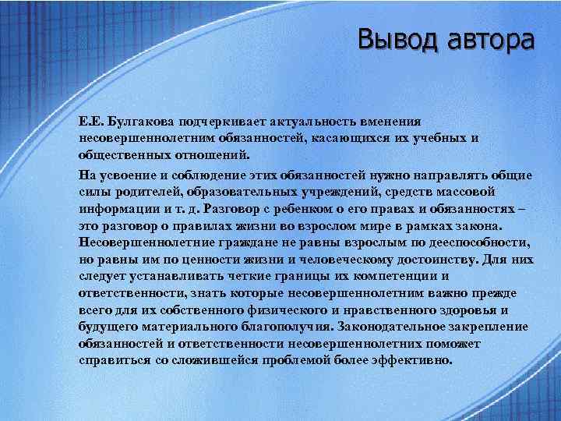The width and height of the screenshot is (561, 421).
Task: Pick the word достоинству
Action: (x=420, y=260)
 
